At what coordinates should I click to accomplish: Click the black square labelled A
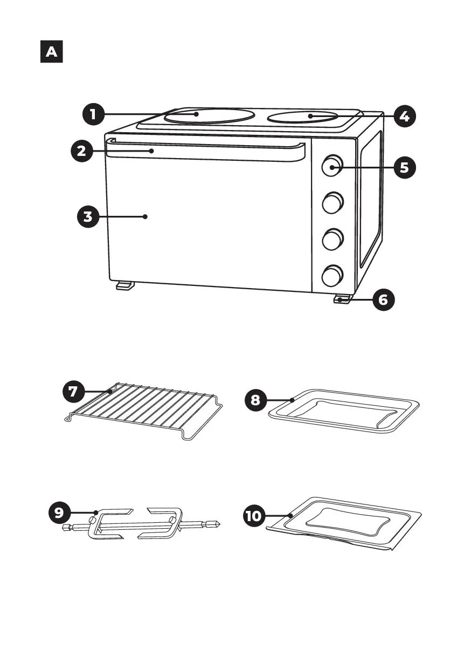coord(52,52)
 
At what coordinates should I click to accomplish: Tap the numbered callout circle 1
coord(94,114)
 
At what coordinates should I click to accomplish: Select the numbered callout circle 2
coord(82,151)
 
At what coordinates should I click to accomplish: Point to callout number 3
coord(88,217)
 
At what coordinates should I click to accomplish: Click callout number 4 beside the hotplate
coord(405,116)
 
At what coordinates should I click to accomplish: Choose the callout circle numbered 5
coord(405,168)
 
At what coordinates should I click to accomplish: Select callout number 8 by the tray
coord(256,400)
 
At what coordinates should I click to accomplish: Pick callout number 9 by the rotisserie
coord(60,513)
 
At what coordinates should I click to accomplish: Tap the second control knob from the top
coord(332,203)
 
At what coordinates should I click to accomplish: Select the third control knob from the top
coord(332,239)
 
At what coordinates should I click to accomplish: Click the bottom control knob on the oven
coord(332,276)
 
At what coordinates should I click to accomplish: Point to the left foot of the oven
coord(125,285)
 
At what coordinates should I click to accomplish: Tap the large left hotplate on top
coord(209,115)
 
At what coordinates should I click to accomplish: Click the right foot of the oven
coord(342,299)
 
